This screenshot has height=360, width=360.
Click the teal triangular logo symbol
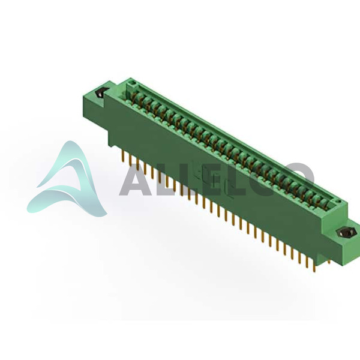pos(67,179)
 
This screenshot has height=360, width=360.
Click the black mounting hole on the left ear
pos(100,93)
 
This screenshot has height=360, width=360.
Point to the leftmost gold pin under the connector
pos(124,157)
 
